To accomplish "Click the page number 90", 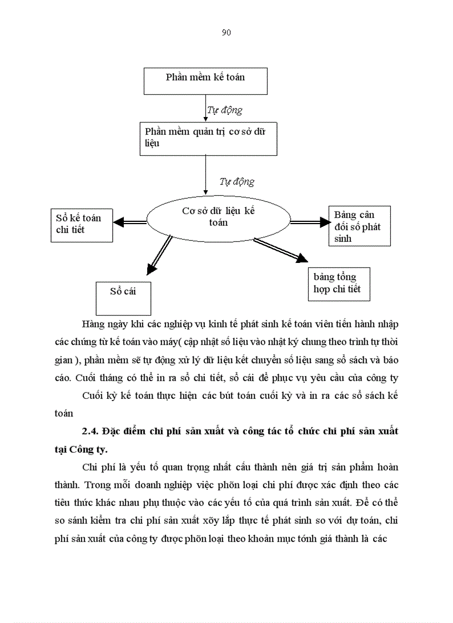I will [x=226, y=33].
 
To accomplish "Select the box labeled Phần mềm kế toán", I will [x=205, y=81].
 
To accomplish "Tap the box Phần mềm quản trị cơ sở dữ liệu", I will [x=208, y=138].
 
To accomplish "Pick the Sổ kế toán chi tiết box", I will [x=81, y=224].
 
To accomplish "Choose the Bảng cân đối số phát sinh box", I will [x=359, y=226].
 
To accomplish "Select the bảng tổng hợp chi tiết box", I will [x=339, y=283].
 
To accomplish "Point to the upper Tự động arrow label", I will [x=224, y=110].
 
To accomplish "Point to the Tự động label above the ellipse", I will [x=236, y=181].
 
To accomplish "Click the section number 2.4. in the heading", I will [x=90, y=431].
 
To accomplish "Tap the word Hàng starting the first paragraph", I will [x=92, y=323].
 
